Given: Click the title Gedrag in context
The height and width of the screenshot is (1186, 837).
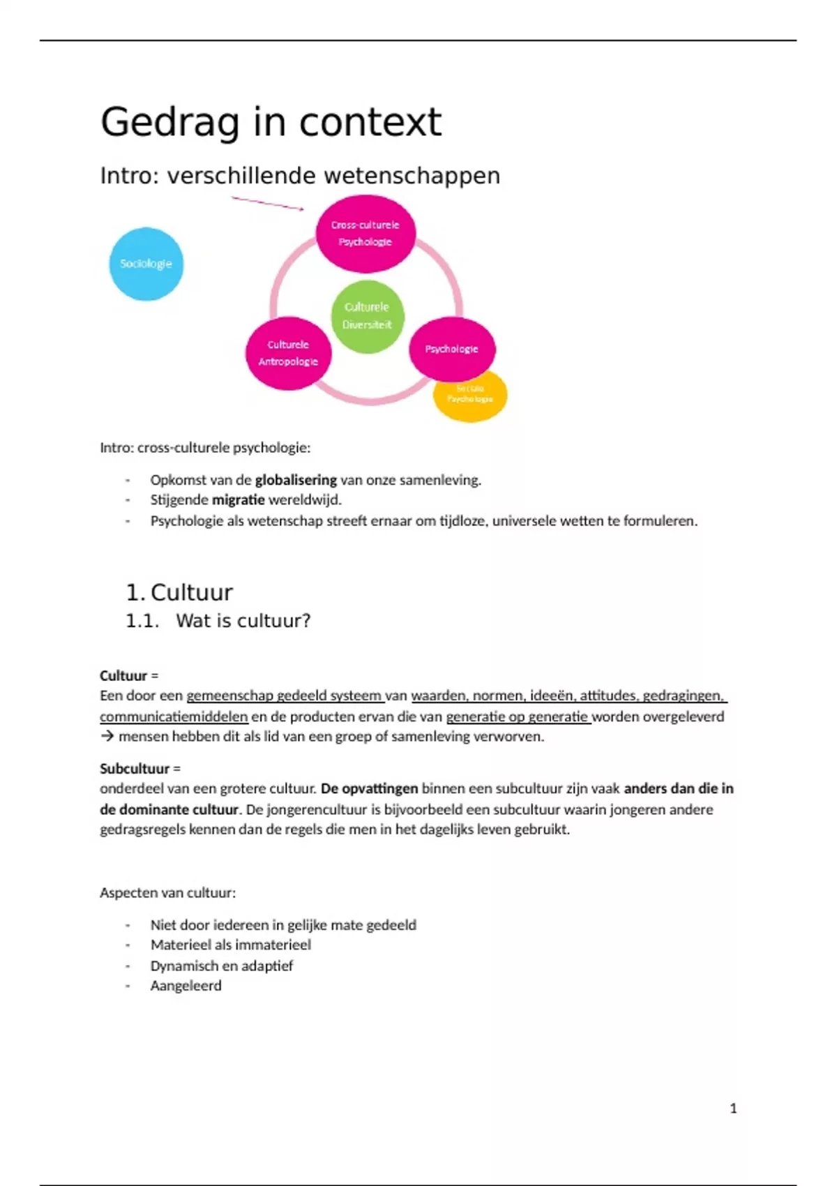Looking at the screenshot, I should pyautogui.click(x=271, y=122).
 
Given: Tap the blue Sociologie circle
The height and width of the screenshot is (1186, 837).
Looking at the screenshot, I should pyautogui.click(x=146, y=264).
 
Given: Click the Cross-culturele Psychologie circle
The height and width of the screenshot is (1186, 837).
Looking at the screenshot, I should pyautogui.click(x=365, y=233).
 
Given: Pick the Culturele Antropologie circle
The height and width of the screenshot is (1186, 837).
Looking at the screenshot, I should pyautogui.click(x=287, y=353).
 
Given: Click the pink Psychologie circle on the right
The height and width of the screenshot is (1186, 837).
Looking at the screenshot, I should pyautogui.click(x=451, y=348).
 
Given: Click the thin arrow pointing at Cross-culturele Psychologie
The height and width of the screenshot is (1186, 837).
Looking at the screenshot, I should pyautogui.click(x=267, y=203).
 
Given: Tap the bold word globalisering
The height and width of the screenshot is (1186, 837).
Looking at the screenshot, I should pyautogui.click(x=296, y=480).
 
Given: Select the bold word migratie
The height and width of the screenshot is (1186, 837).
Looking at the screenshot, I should pyautogui.click(x=238, y=500).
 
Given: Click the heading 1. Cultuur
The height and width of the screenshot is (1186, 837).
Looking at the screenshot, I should pyautogui.click(x=179, y=592).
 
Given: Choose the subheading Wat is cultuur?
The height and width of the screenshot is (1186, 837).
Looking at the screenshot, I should pyautogui.click(x=243, y=620).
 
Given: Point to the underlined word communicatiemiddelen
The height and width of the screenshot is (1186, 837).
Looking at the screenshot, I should pyautogui.click(x=174, y=716).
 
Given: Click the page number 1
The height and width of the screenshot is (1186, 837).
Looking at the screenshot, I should pyautogui.click(x=733, y=1108).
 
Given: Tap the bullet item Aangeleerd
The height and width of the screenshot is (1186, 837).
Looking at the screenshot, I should pyautogui.click(x=186, y=985).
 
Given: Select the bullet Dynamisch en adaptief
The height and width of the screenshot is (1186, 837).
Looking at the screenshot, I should pyautogui.click(x=221, y=966).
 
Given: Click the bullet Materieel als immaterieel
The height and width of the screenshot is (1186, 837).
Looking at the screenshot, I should pyautogui.click(x=230, y=945).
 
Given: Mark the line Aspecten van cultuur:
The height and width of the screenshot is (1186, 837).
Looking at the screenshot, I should pyautogui.click(x=167, y=892).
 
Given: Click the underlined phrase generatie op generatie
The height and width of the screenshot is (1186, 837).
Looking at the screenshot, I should pyautogui.click(x=518, y=716).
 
